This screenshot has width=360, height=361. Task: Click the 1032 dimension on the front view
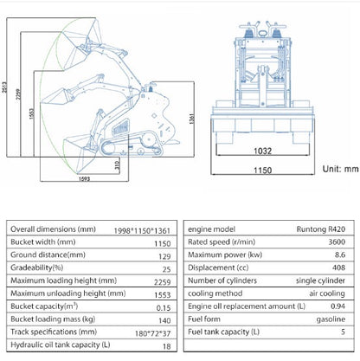tap(262, 151)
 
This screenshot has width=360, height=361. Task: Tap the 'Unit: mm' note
tap(340, 169)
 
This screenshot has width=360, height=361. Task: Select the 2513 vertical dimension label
tap(4, 87)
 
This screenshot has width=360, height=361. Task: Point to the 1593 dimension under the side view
tap(84, 179)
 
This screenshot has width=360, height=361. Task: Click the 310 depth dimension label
tap(117, 165)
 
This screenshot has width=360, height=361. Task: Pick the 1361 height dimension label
tap(191, 119)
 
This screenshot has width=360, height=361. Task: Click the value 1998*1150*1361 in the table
tap(142, 231)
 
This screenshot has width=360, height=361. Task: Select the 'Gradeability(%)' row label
tap(36, 268)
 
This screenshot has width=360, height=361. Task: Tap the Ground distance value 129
tap(164, 256)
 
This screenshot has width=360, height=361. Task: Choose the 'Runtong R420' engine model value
tap(321, 229)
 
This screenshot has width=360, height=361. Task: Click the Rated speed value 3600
tap(337, 242)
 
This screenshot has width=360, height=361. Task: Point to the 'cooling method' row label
tap(215, 293)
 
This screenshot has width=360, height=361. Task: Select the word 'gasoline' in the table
tap(331, 319)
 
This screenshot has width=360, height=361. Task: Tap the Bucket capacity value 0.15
tap(164, 308)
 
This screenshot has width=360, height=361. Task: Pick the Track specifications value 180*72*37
tap(152, 333)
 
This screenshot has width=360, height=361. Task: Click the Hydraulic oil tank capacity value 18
tap(167, 346)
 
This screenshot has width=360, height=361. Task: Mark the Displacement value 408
tap(338, 268)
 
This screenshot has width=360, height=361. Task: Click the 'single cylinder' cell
tap(320, 280)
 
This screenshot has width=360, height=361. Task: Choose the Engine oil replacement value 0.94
tap(337, 306)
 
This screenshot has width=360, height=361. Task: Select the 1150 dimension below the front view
tap(262, 171)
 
